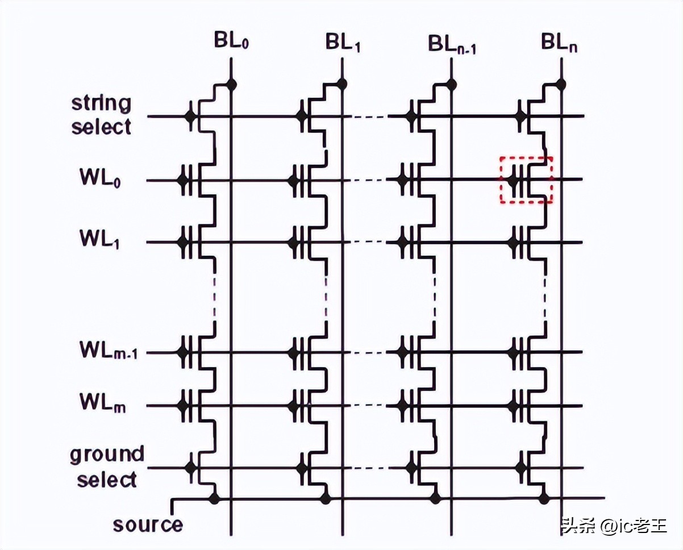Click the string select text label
[x=101, y=115]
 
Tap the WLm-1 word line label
[x=112, y=352]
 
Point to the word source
[x=148, y=524]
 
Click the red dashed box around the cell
[x=526, y=180]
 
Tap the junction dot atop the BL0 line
[x=231, y=85]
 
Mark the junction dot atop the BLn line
[x=561, y=85]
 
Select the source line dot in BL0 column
[x=214, y=499]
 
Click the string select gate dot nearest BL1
[x=301, y=117]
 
